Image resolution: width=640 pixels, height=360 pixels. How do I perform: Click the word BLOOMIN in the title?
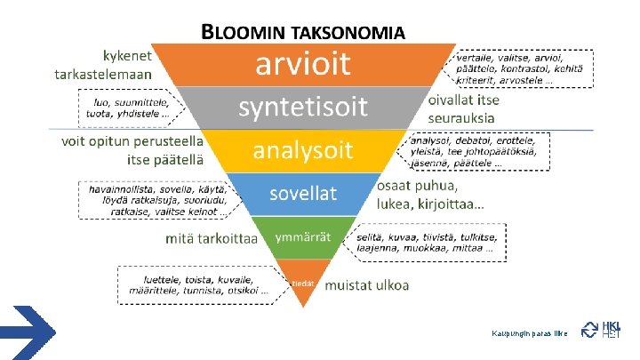pyautogui.click(x=245, y=33)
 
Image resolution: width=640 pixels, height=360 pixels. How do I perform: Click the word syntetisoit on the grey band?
pyautogui.click(x=302, y=108)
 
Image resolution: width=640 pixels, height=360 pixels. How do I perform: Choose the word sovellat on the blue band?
pyautogui.click(x=303, y=191)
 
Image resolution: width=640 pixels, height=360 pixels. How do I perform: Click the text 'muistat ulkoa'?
pyautogui.click(x=366, y=285)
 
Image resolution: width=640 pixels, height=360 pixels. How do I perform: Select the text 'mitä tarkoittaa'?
pyautogui.click(x=212, y=238)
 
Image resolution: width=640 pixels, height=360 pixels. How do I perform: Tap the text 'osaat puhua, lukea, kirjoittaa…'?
pyautogui.click(x=431, y=196)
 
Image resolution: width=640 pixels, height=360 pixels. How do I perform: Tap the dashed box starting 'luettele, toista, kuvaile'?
pyautogui.click(x=194, y=284)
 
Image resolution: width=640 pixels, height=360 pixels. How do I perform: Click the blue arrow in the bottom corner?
pyautogui.click(x=28, y=332)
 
